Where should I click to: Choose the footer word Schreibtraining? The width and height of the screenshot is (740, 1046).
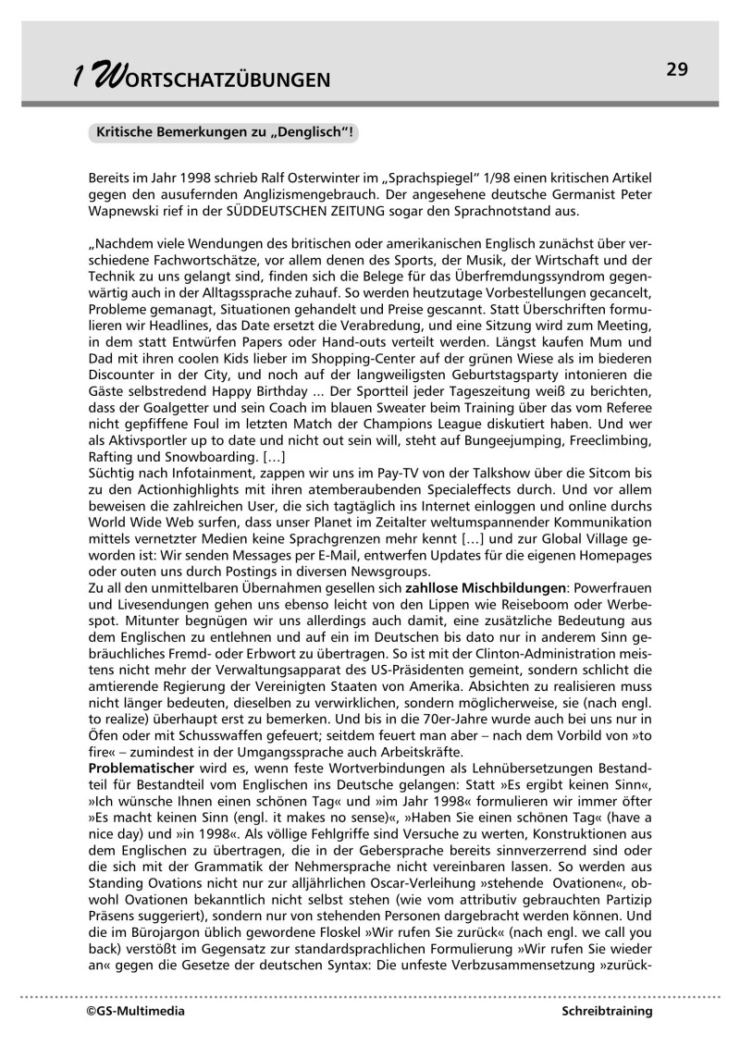pyautogui.click(x=607, y=1012)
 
